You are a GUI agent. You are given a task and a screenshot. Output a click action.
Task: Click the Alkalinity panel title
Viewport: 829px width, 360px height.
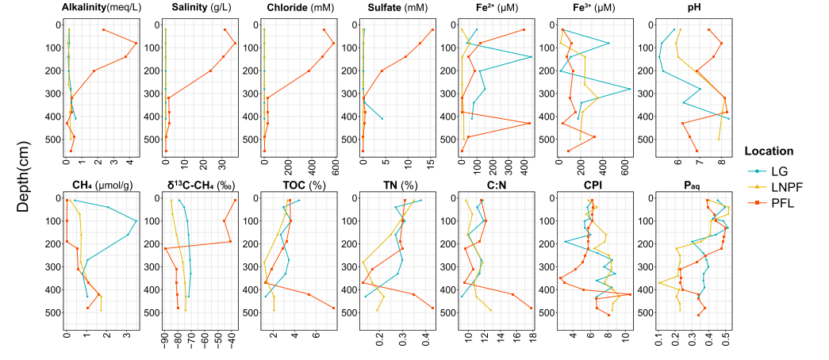(x=100, y=8)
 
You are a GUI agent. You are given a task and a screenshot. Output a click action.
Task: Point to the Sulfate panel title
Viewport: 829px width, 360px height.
(x=397, y=8)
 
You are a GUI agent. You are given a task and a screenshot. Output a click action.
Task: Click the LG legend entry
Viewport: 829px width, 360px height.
(x=785, y=170)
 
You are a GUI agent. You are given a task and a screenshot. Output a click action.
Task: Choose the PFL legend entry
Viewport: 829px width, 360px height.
(x=786, y=202)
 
